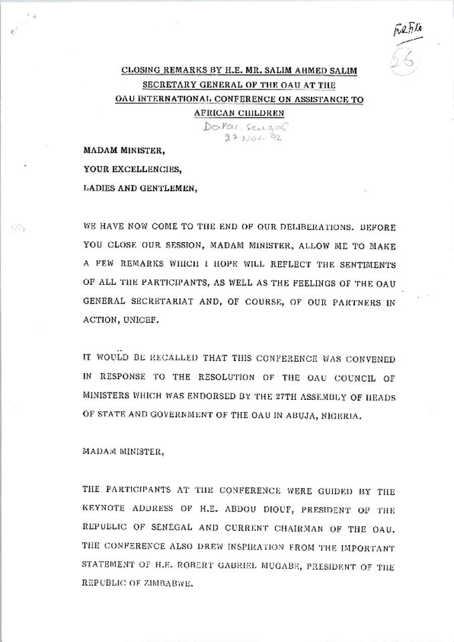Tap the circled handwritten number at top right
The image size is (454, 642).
[405, 61]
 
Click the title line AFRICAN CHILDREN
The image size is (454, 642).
[228, 114]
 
